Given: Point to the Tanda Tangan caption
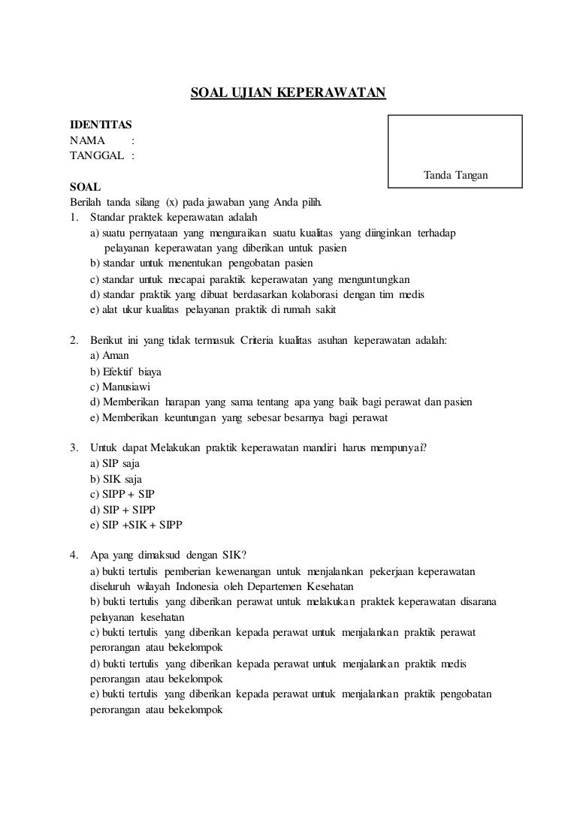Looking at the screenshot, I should (456, 175).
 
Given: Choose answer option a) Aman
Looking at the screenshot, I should (110, 356).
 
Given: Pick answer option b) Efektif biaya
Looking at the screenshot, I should (125, 372).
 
